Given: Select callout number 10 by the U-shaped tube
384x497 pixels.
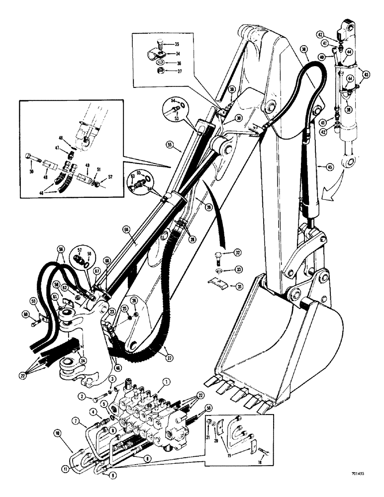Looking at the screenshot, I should tap(58, 434).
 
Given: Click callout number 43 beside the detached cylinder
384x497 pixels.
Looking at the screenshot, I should tap(367, 75).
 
